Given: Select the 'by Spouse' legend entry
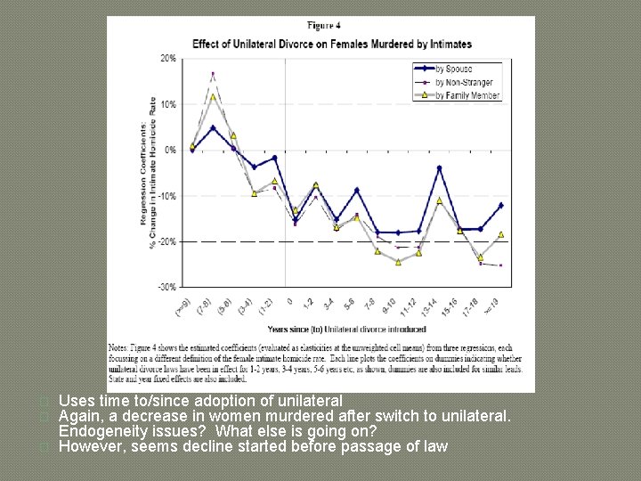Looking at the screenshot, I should click(x=454, y=69).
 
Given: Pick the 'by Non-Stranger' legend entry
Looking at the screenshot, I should click(x=464, y=82).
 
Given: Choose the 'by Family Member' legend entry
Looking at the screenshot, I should click(x=467, y=95).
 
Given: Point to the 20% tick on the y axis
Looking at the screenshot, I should click(x=167, y=58).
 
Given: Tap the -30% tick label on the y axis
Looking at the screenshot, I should click(x=167, y=287).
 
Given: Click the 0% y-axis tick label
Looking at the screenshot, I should click(x=169, y=150).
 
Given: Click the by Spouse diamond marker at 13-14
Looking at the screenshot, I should click(x=439, y=167).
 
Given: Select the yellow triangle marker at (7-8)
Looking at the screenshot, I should click(x=213, y=96).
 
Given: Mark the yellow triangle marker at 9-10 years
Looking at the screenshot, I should click(x=398, y=262).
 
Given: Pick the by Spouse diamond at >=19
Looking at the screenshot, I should click(x=501, y=205).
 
